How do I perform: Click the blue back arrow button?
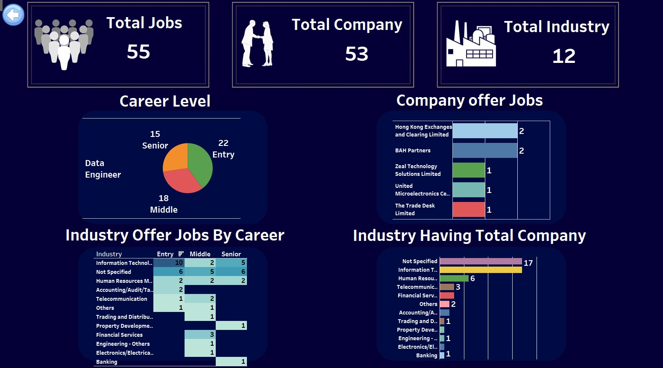point(13,15)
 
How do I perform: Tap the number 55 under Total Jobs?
point(138,52)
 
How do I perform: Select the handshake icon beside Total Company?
point(257,44)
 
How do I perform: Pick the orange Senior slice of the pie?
point(176,157)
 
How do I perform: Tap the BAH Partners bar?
point(484,151)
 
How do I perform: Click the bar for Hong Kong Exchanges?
point(484,131)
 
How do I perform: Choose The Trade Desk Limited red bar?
point(468,210)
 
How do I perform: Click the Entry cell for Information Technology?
point(169,263)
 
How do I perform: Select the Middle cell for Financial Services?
point(200,335)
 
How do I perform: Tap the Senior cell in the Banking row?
point(231,362)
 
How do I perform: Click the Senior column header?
point(231,254)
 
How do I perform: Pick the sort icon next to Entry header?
point(181,254)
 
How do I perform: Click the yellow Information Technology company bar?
point(481,270)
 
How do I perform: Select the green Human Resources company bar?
point(454,279)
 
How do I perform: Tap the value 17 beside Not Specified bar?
point(528,263)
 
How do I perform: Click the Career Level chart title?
point(165,101)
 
